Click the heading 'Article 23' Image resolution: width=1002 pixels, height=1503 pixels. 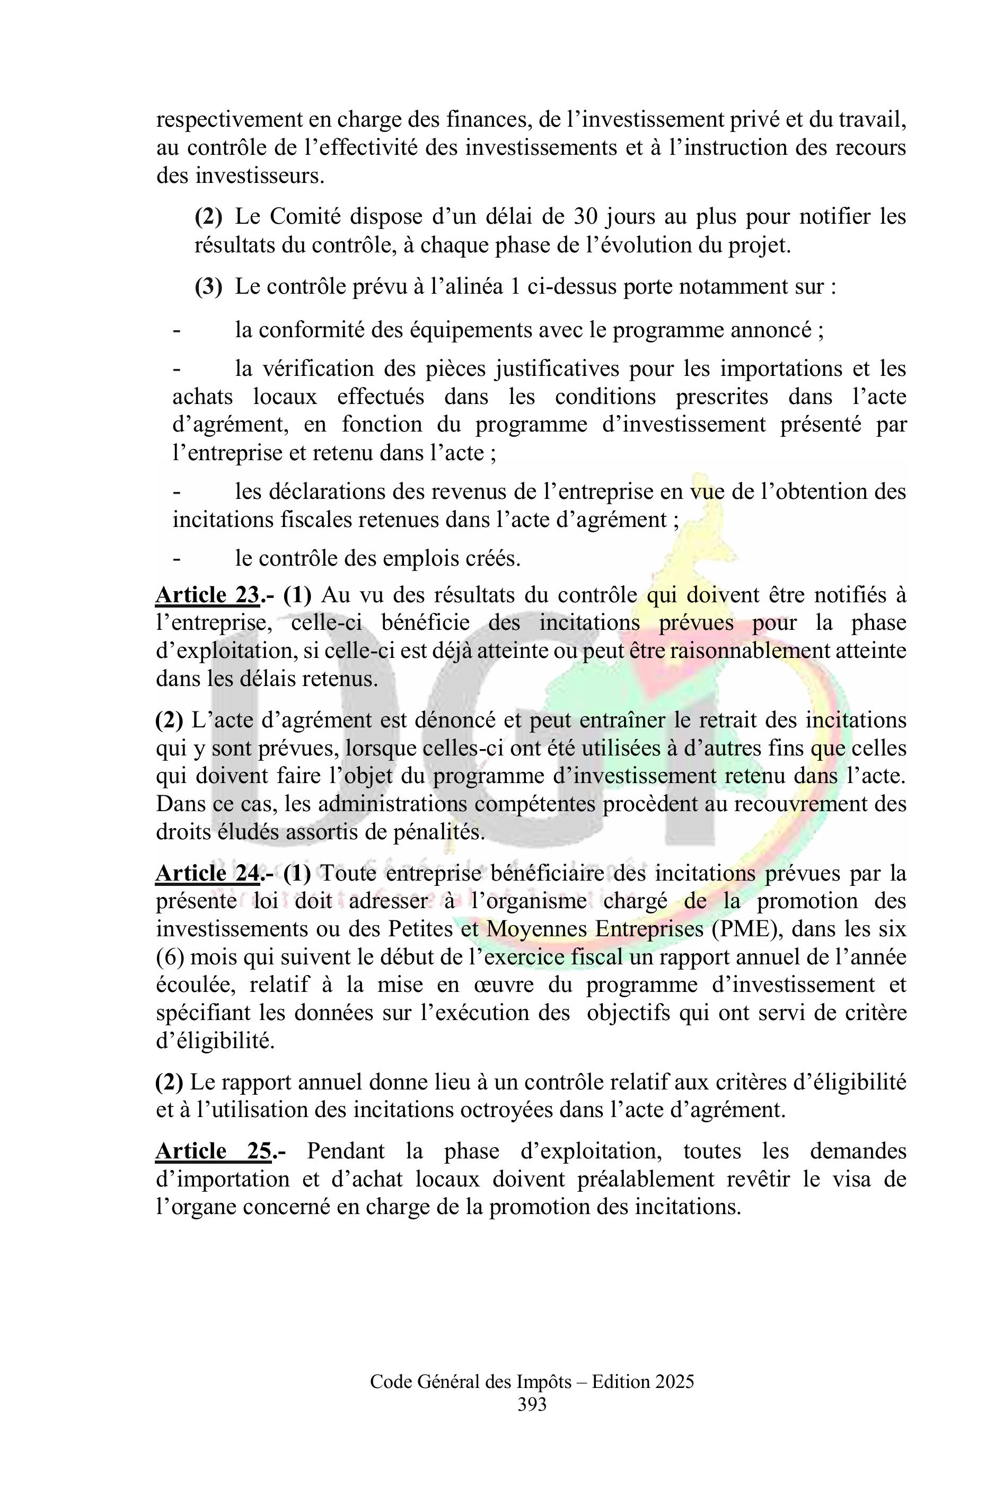[x=208, y=595]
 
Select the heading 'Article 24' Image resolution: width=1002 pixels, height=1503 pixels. [x=208, y=873]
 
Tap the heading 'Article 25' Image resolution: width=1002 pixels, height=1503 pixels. [x=214, y=1151]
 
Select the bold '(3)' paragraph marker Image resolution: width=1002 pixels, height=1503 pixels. [x=208, y=287]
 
